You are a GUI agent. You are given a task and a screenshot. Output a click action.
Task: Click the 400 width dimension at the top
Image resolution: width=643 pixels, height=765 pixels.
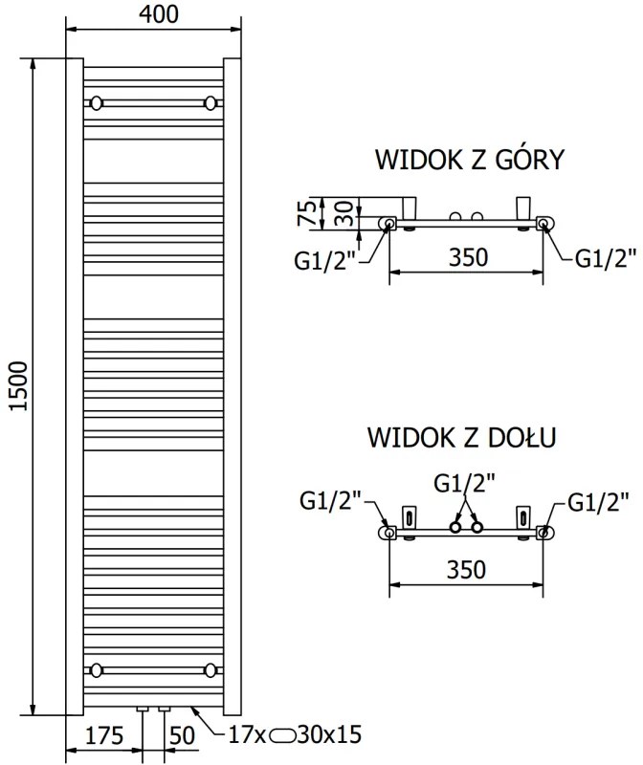coord(153,14)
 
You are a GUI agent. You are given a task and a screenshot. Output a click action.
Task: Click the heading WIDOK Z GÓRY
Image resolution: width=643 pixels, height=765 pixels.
coord(468,158)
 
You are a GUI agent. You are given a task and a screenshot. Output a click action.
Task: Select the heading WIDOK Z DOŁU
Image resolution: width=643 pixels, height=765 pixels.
coord(463,438)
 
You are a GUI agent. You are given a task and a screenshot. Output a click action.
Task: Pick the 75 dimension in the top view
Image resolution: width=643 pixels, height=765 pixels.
coord(308,212)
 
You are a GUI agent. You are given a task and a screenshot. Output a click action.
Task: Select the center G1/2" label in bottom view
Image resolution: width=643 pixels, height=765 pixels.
coord(465,484)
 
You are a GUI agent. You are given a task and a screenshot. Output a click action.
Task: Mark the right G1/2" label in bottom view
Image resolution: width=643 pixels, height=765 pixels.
coord(598,500)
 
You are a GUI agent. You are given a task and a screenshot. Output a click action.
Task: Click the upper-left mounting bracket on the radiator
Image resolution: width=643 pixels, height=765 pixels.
coord(97,102)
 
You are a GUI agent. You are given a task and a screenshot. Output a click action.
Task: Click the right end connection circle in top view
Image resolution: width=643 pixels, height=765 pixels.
coord(543,224)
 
